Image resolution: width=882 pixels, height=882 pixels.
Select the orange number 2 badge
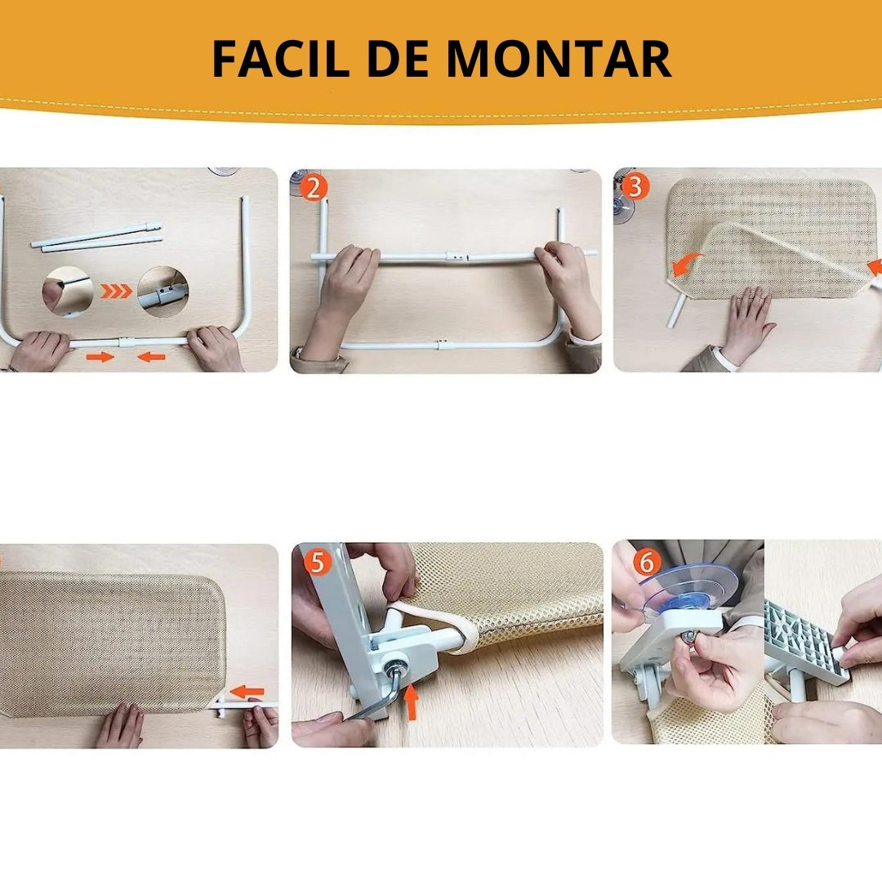314,188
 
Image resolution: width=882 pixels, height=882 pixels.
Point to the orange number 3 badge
636,187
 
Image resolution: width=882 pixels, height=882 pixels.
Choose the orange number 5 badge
317,562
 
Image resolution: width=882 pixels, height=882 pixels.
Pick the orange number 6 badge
646,562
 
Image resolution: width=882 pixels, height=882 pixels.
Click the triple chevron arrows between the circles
115,291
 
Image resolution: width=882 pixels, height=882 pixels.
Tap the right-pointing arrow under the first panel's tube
100,357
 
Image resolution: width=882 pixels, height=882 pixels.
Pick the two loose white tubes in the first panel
96,236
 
